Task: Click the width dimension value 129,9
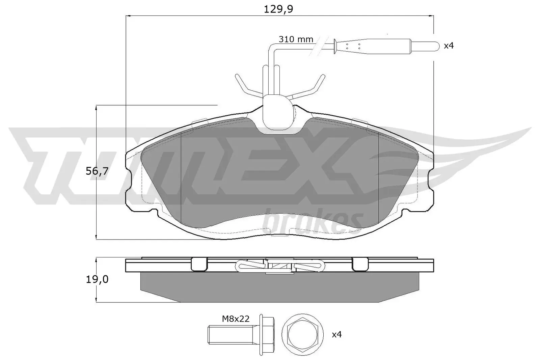[x=278, y=9]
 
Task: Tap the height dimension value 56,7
[x=97, y=171]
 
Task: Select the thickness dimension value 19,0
[x=97, y=279]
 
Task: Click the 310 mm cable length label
[x=296, y=39]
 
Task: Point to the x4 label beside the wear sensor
[x=449, y=46]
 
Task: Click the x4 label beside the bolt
[x=336, y=334]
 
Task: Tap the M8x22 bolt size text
[x=236, y=319]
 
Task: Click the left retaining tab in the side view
[x=199, y=265]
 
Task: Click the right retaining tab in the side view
[x=360, y=265]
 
